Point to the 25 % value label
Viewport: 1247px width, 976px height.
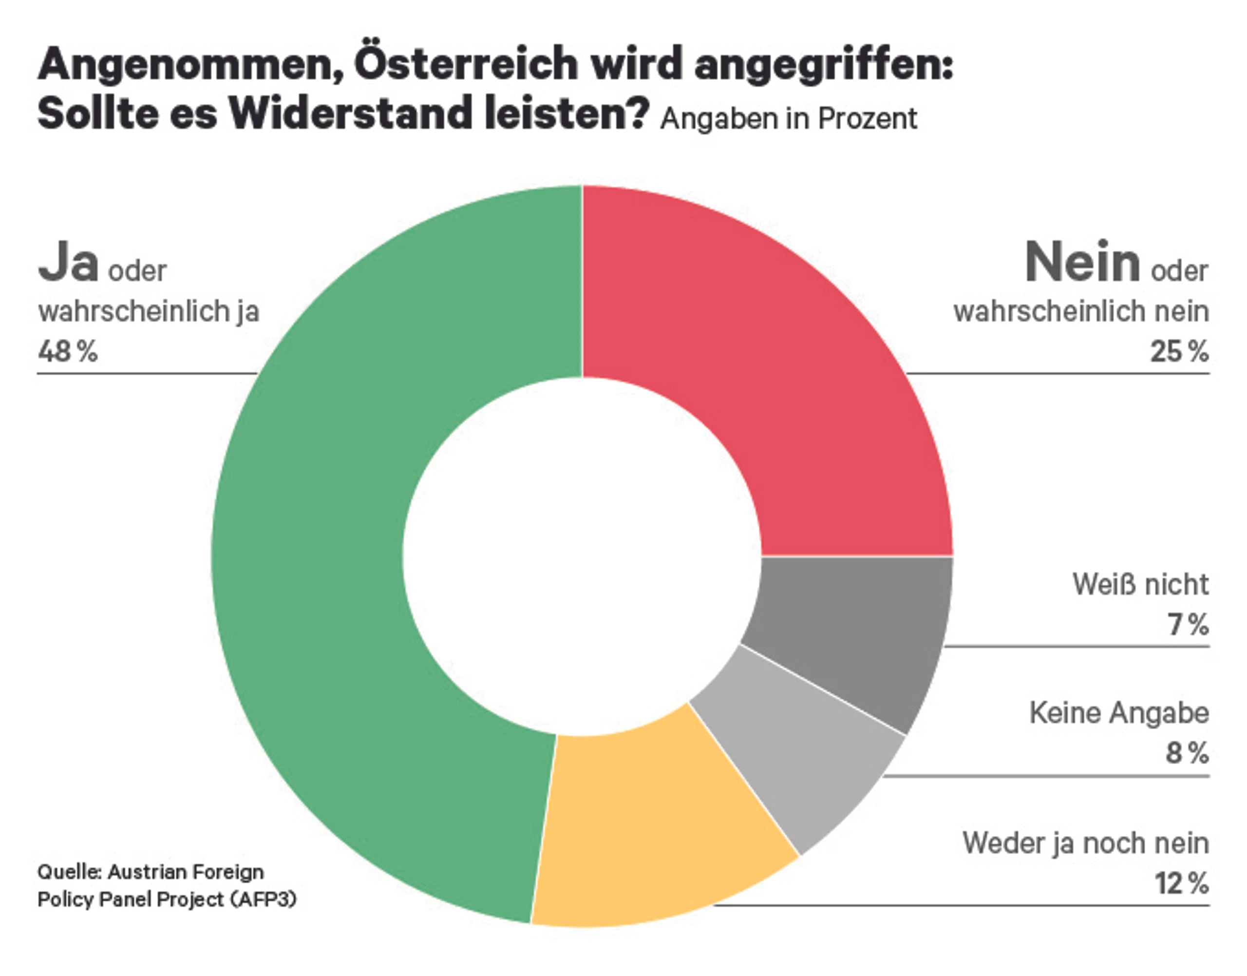(1179, 351)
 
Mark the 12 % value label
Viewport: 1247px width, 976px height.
(1181, 883)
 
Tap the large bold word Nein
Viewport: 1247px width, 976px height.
(1082, 262)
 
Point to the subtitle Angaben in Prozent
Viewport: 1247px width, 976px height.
(788, 119)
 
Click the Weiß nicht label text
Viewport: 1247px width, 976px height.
(1140, 584)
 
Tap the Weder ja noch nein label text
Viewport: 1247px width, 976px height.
(1085, 843)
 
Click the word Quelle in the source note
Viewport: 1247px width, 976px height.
(69, 872)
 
